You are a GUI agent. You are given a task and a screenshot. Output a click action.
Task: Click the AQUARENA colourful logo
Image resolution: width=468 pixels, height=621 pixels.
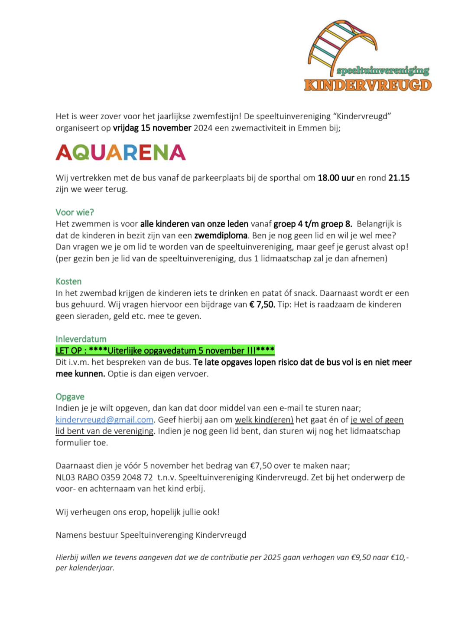point(120,152)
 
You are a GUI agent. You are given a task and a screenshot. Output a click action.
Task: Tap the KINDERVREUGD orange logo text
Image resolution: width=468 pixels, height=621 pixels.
point(368,85)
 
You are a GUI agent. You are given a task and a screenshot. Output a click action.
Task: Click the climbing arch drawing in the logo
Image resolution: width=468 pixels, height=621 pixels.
point(342,43)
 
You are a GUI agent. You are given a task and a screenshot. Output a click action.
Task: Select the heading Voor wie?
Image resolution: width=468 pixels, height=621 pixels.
point(75,212)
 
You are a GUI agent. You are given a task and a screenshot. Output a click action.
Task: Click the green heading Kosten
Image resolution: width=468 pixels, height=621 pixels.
point(68,281)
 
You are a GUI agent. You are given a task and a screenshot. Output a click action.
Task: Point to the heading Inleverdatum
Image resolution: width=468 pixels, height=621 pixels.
point(81,339)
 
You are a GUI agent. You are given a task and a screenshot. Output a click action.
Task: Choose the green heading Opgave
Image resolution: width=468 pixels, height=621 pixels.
point(70,397)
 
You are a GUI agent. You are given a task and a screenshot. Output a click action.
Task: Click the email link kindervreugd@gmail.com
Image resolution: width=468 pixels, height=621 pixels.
point(104,420)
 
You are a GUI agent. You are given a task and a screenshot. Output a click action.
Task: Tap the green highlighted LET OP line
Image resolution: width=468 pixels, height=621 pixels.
point(165,350)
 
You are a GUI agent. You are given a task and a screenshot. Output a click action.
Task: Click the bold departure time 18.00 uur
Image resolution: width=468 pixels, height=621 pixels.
point(336,178)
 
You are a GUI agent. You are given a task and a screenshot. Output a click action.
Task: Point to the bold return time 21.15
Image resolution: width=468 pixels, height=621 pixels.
point(399,178)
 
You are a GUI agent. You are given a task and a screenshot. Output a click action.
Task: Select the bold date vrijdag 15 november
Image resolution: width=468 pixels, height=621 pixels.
point(152,128)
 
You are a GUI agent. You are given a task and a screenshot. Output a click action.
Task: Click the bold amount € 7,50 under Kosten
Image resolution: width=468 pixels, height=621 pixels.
point(262,304)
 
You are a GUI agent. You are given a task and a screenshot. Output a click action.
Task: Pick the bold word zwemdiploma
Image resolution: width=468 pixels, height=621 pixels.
point(221,235)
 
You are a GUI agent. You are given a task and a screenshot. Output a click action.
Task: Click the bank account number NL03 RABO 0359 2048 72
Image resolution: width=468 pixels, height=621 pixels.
point(104,477)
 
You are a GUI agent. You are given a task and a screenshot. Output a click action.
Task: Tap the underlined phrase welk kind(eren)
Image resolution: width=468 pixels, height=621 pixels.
point(264,420)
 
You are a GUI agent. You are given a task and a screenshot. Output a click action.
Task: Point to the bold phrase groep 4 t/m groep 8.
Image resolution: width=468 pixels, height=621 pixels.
point(312,224)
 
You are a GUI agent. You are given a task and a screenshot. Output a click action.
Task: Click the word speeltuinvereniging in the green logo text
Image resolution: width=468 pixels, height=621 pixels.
point(383,71)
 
